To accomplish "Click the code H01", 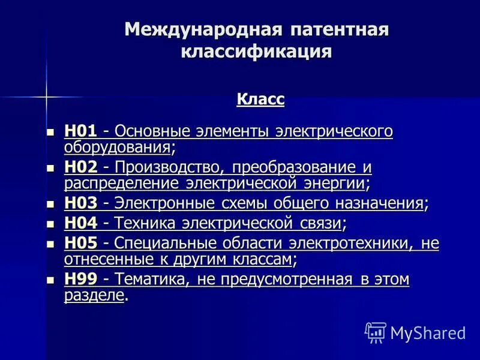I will pyautogui.click(x=80, y=131).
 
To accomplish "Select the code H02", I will pyautogui.click(x=80, y=167).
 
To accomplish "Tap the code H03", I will pyautogui.click(x=80, y=203).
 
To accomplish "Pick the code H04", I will pyautogui.click(x=80, y=224).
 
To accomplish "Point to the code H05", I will pyautogui.click(x=80, y=244).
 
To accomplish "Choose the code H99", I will pyautogui.click(x=80, y=279).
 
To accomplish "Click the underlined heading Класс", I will pyautogui.click(x=260, y=98).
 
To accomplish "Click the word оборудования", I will pyautogui.click(x=117, y=146).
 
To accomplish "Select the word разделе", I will pyautogui.click(x=94, y=295).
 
